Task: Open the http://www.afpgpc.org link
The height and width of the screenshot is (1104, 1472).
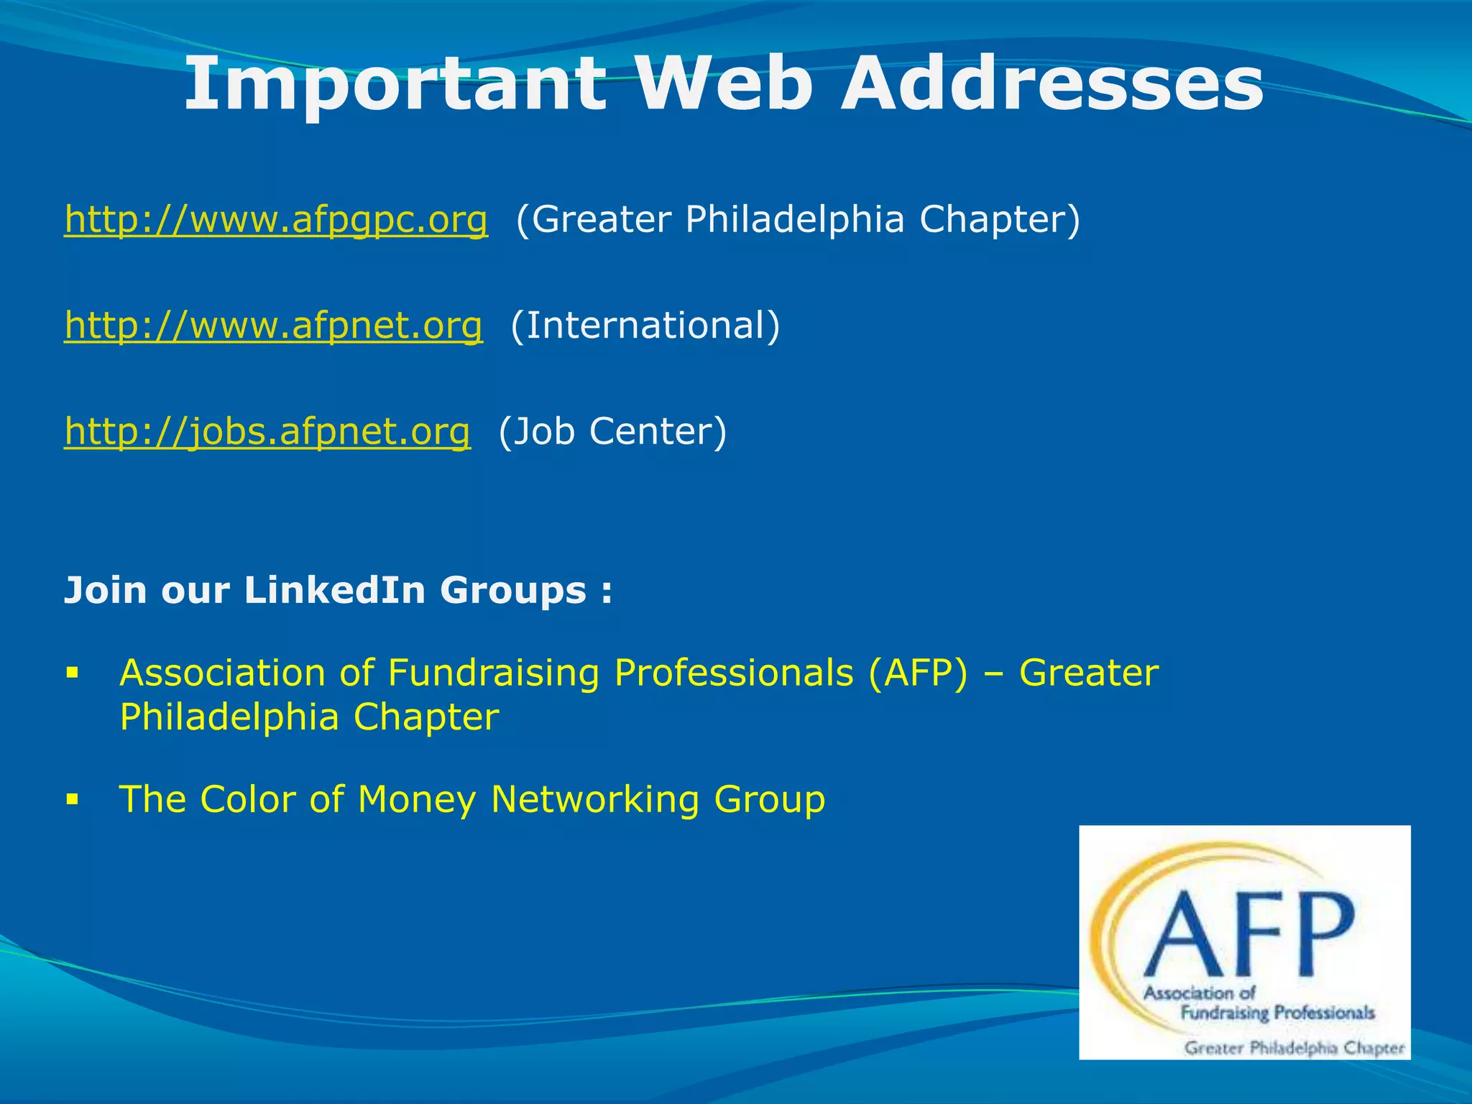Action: [276, 219]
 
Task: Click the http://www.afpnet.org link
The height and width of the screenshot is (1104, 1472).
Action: [273, 325]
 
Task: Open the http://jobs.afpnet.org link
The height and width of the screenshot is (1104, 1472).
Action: [267, 431]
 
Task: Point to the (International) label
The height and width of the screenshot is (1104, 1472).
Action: [645, 325]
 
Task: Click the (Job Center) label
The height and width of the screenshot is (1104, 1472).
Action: [612, 431]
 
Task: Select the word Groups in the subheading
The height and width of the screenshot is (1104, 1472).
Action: [513, 592]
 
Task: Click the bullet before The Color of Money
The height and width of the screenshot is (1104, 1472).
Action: [71, 799]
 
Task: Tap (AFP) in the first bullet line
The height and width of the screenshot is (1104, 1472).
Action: [918, 674]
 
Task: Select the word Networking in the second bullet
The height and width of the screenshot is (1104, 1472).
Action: [594, 800]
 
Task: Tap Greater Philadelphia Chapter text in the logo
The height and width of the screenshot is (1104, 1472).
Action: [1294, 1047]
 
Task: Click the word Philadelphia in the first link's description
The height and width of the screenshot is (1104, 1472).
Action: [794, 219]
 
